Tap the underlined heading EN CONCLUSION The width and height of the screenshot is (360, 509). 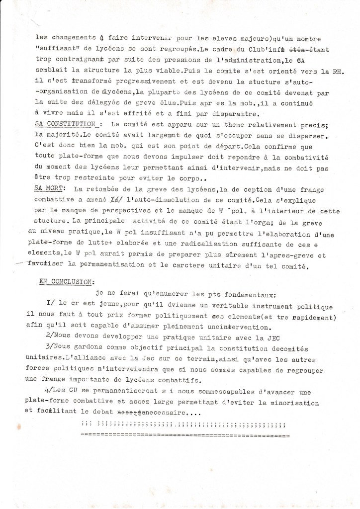click(x=65, y=281)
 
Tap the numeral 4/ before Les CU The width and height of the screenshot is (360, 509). click(x=49, y=391)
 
